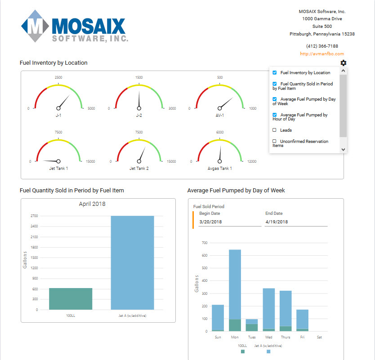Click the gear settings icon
click(344, 63)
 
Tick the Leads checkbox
click(275, 130)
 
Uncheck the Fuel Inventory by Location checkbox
click(275, 72)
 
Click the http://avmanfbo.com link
click(321, 54)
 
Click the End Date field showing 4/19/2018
click(295, 222)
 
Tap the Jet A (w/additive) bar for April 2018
click(132, 262)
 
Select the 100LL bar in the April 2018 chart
click(71, 298)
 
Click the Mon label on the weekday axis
click(235, 337)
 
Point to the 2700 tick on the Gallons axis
click(34, 216)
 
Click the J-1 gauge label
click(58, 115)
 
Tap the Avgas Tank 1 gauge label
click(220, 169)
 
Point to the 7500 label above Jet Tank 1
click(58, 132)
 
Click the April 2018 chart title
click(92, 204)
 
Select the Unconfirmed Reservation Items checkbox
click(275, 141)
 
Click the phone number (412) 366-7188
click(322, 46)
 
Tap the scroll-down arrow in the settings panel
click(343, 149)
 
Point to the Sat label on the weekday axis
click(319, 337)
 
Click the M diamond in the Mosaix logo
click(36, 27)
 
